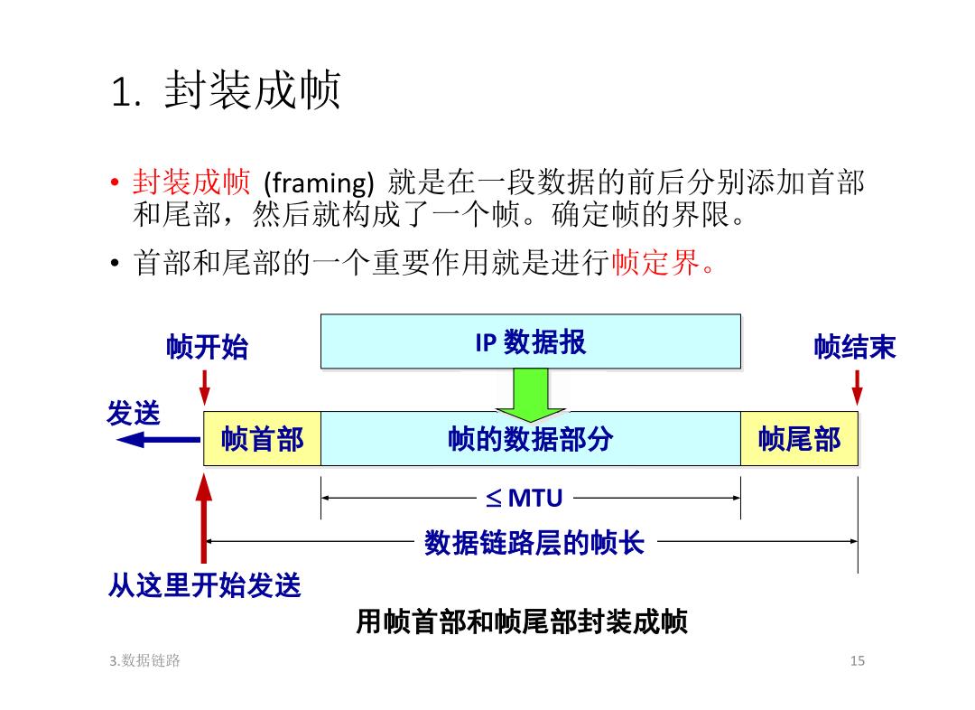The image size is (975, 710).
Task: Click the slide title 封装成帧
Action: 253,91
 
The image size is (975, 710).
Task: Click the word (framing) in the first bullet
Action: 319,183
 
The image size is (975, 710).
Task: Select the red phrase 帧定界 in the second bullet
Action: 656,262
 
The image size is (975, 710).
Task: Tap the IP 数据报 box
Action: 531,341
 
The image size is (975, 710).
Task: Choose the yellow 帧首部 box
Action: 263,439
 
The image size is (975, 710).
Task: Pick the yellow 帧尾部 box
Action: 799,439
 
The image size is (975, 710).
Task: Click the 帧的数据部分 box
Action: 531,439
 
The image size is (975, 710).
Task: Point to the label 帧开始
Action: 207,347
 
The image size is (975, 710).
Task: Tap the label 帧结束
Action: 855,347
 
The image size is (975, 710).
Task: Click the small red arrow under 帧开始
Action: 205,388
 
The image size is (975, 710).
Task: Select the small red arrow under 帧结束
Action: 858,388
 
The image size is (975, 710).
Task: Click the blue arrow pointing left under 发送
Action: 159,440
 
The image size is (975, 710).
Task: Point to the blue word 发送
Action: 134,413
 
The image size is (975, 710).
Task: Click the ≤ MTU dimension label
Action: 525,498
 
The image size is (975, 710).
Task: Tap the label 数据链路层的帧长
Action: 534,543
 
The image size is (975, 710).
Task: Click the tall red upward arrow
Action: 204,519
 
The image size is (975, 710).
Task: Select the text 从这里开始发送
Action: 205,585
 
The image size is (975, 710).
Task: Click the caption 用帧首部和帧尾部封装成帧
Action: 522,621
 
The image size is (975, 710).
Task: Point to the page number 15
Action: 858,661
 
